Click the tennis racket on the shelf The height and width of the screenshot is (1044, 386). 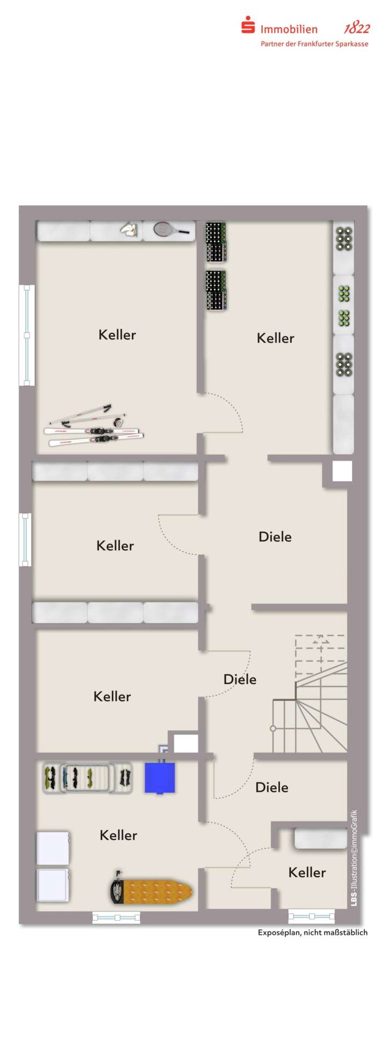point(170,230)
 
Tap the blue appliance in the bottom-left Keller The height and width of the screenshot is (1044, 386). point(160,778)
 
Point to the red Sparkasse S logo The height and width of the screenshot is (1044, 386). point(248,25)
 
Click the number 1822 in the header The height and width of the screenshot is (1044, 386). point(357,28)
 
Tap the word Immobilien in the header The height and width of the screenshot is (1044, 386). point(289,29)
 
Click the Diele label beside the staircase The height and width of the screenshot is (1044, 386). point(240,679)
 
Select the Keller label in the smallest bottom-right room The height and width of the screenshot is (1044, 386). point(307,872)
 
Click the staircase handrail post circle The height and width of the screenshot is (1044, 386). point(273,728)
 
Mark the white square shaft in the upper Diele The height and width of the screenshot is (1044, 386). point(342,471)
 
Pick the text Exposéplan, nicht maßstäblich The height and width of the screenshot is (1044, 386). point(313,932)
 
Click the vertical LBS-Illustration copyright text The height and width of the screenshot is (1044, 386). point(354,858)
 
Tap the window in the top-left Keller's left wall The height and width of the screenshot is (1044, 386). point(27,335)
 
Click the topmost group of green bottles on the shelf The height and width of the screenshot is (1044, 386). point(344,238)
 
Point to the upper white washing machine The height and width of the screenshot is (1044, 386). point(53,848)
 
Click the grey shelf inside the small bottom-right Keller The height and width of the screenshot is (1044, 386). point(321,839)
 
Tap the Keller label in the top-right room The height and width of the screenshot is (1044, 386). point(275,338)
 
